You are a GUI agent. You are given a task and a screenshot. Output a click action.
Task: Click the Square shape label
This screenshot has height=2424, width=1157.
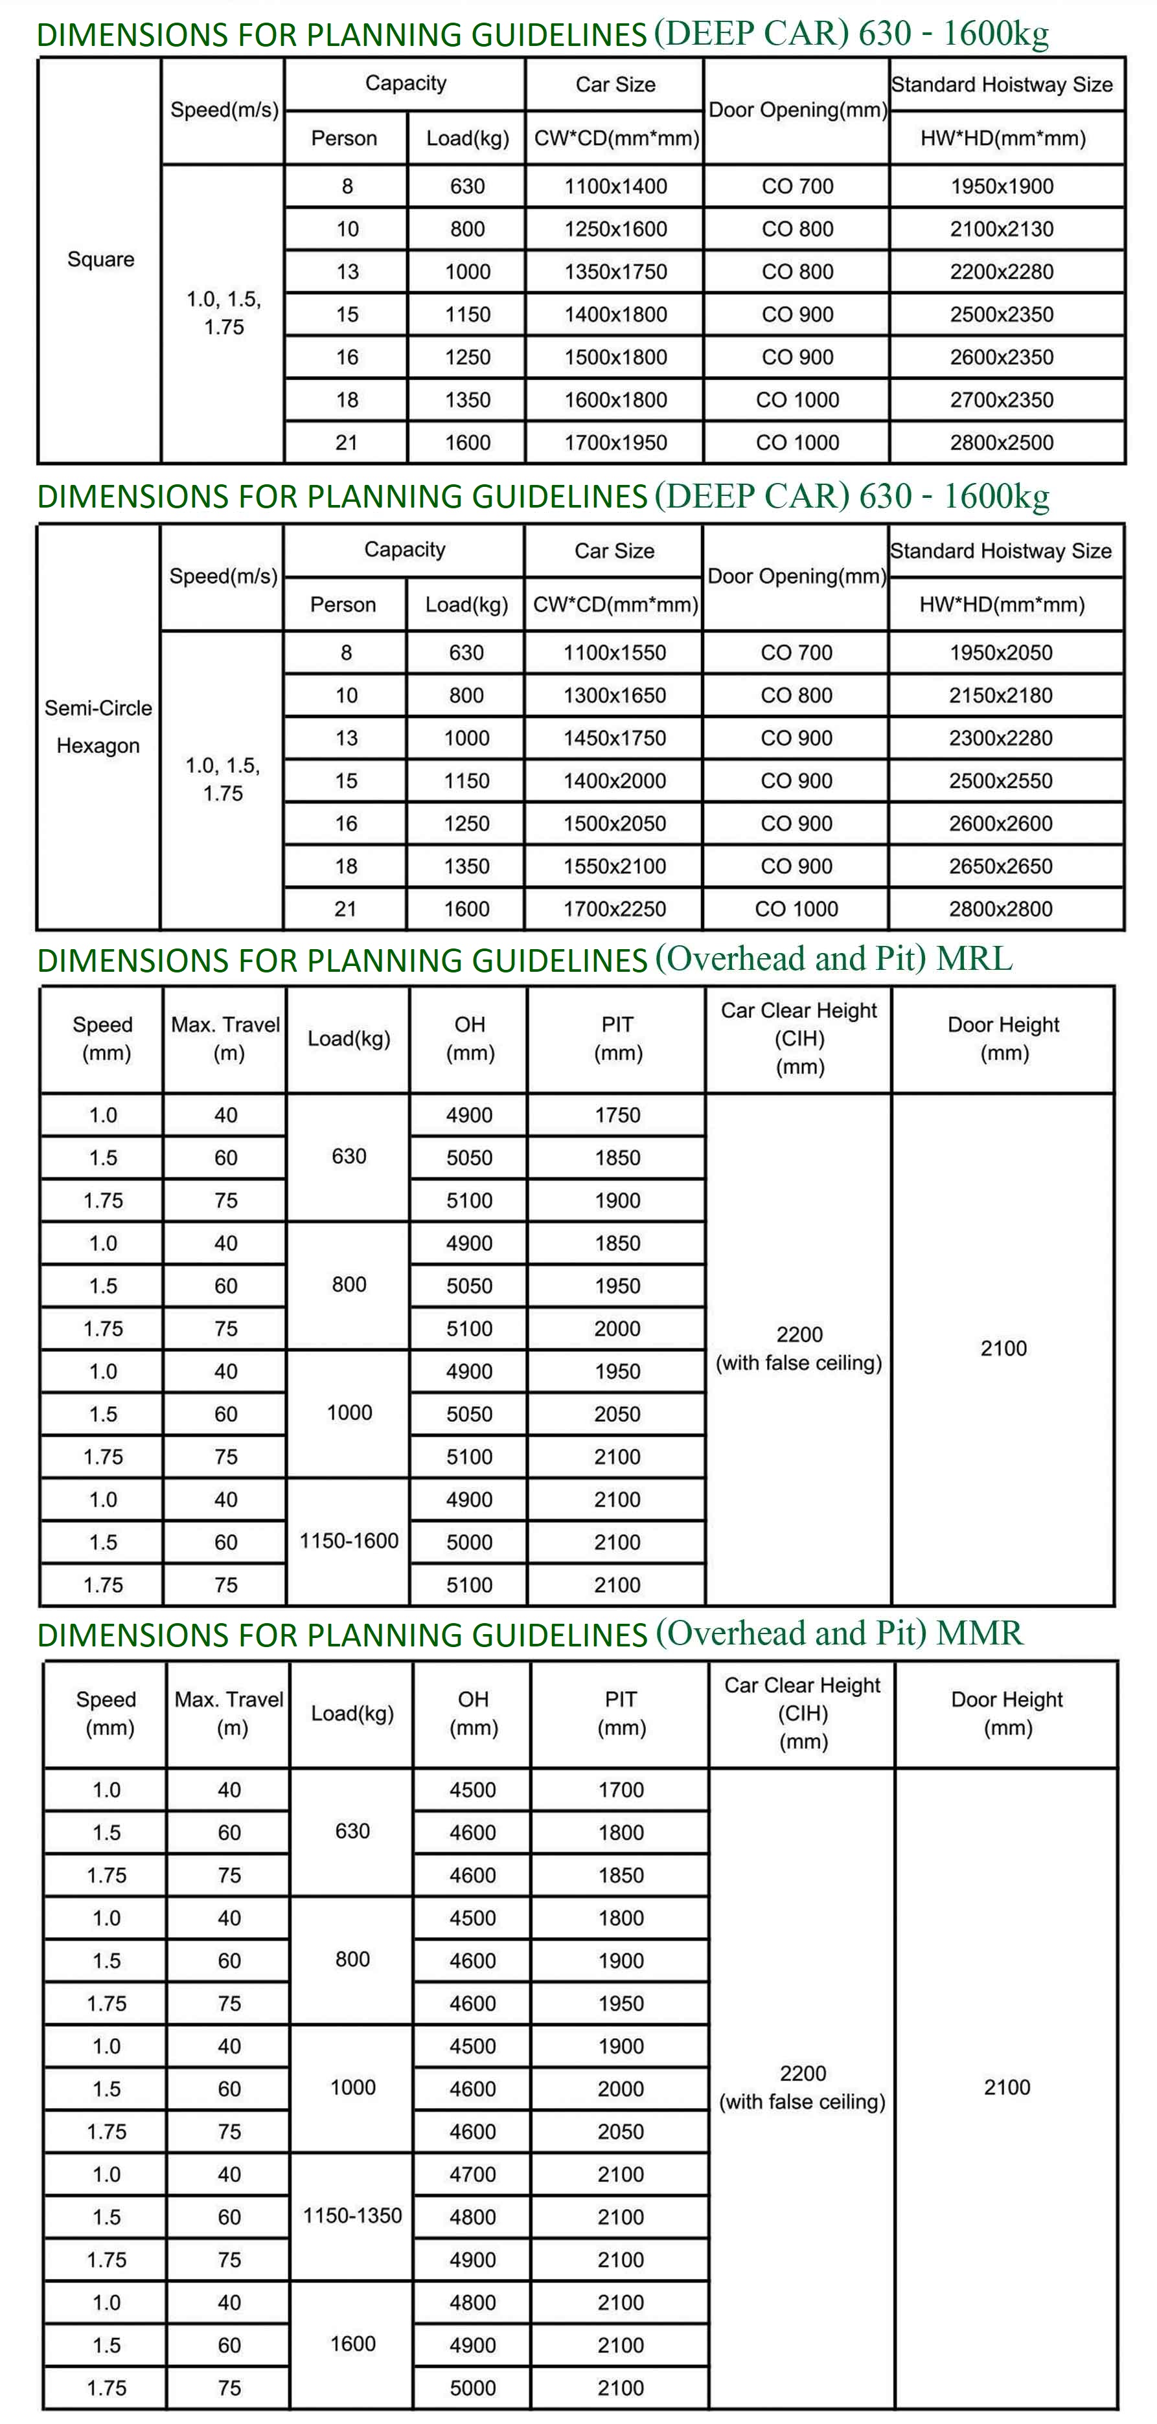[x=100, y=259]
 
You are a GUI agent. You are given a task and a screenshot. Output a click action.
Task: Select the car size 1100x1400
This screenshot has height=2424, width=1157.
[x=615, y=186]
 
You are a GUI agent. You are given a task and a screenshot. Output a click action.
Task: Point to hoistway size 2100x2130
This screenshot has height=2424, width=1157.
[x=1002, y=229]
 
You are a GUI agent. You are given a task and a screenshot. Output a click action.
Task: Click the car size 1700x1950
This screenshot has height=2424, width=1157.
[x=615, y=442]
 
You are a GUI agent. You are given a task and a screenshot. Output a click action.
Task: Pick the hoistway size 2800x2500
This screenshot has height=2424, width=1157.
[x=1002, y=442]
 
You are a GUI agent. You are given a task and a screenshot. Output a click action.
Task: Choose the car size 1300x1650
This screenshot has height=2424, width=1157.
[x=615, y=695]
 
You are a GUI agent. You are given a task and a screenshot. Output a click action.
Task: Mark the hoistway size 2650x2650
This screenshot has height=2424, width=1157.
[x=1001, y=866]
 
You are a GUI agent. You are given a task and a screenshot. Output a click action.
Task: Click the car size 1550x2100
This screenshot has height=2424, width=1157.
[x=615, y=866]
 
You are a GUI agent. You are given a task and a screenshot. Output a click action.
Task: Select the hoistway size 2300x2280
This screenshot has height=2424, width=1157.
[x=1001, y=737]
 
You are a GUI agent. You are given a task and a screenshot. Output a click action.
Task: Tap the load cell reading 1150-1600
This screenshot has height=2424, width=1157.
[x=349, y=1540]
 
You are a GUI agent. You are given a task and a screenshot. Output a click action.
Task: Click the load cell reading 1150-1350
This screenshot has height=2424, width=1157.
[x=352, y=2215]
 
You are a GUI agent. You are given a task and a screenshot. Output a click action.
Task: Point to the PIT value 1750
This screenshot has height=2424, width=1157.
[x=617, y=1115]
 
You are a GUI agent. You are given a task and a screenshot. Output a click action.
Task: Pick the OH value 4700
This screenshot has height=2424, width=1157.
[x=473, y=2173]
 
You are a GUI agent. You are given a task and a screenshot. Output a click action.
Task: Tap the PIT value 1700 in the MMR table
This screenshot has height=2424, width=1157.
[x=621, y=1790]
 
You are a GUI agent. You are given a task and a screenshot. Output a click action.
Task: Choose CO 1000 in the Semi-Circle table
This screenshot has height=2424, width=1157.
[x=796, y=909]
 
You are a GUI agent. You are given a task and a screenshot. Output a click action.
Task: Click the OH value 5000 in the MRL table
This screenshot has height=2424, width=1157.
[x=469, y=1542]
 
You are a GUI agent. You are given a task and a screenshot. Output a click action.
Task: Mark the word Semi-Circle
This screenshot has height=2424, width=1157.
[x=98, y=708]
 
